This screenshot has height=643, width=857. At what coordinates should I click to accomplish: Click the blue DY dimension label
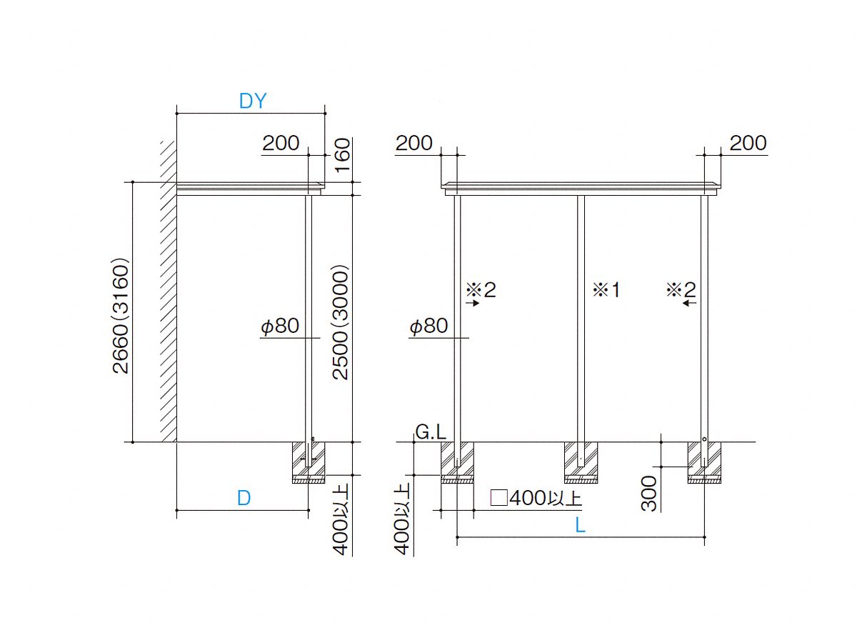(x=253, y=101)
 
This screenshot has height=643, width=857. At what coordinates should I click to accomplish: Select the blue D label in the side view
(x=244, y=498)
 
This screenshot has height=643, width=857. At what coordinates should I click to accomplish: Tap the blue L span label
(x=580, y=526)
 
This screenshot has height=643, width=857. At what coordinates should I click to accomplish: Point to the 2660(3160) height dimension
(x=120, y=316)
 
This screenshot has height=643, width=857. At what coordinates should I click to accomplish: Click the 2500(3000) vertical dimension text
(x=340, y=322)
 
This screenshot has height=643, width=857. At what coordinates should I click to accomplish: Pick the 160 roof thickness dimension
(x=342, y=155)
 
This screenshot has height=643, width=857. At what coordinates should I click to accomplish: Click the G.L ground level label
(x=430, y=432)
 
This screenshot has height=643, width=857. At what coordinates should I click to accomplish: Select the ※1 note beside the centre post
(x=606, y=289)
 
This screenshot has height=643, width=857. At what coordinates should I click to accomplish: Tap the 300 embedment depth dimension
(x=649, y=494)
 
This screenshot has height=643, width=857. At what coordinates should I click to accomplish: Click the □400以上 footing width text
(x=536, y=498)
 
